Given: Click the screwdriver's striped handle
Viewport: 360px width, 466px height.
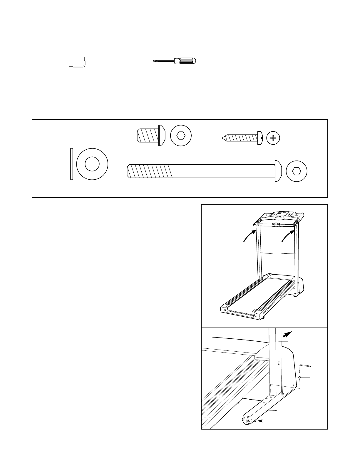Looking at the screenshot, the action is tap(185, 61).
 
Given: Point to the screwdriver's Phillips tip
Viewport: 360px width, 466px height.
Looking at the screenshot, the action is tap(154, 61).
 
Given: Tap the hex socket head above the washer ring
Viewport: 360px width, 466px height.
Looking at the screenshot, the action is tap(181, 136).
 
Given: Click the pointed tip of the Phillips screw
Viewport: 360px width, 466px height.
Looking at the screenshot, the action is tap(223, 137).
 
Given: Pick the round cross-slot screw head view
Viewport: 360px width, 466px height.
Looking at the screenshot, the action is tap(273, 138).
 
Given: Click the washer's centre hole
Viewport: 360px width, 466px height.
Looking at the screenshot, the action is tap(92, 163).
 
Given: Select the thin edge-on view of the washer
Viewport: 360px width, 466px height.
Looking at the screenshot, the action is tap(71, 163).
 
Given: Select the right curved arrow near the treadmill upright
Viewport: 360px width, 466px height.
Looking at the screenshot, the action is tap(287, 236).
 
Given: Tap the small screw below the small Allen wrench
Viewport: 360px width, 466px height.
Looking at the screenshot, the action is tap(299, 378).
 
